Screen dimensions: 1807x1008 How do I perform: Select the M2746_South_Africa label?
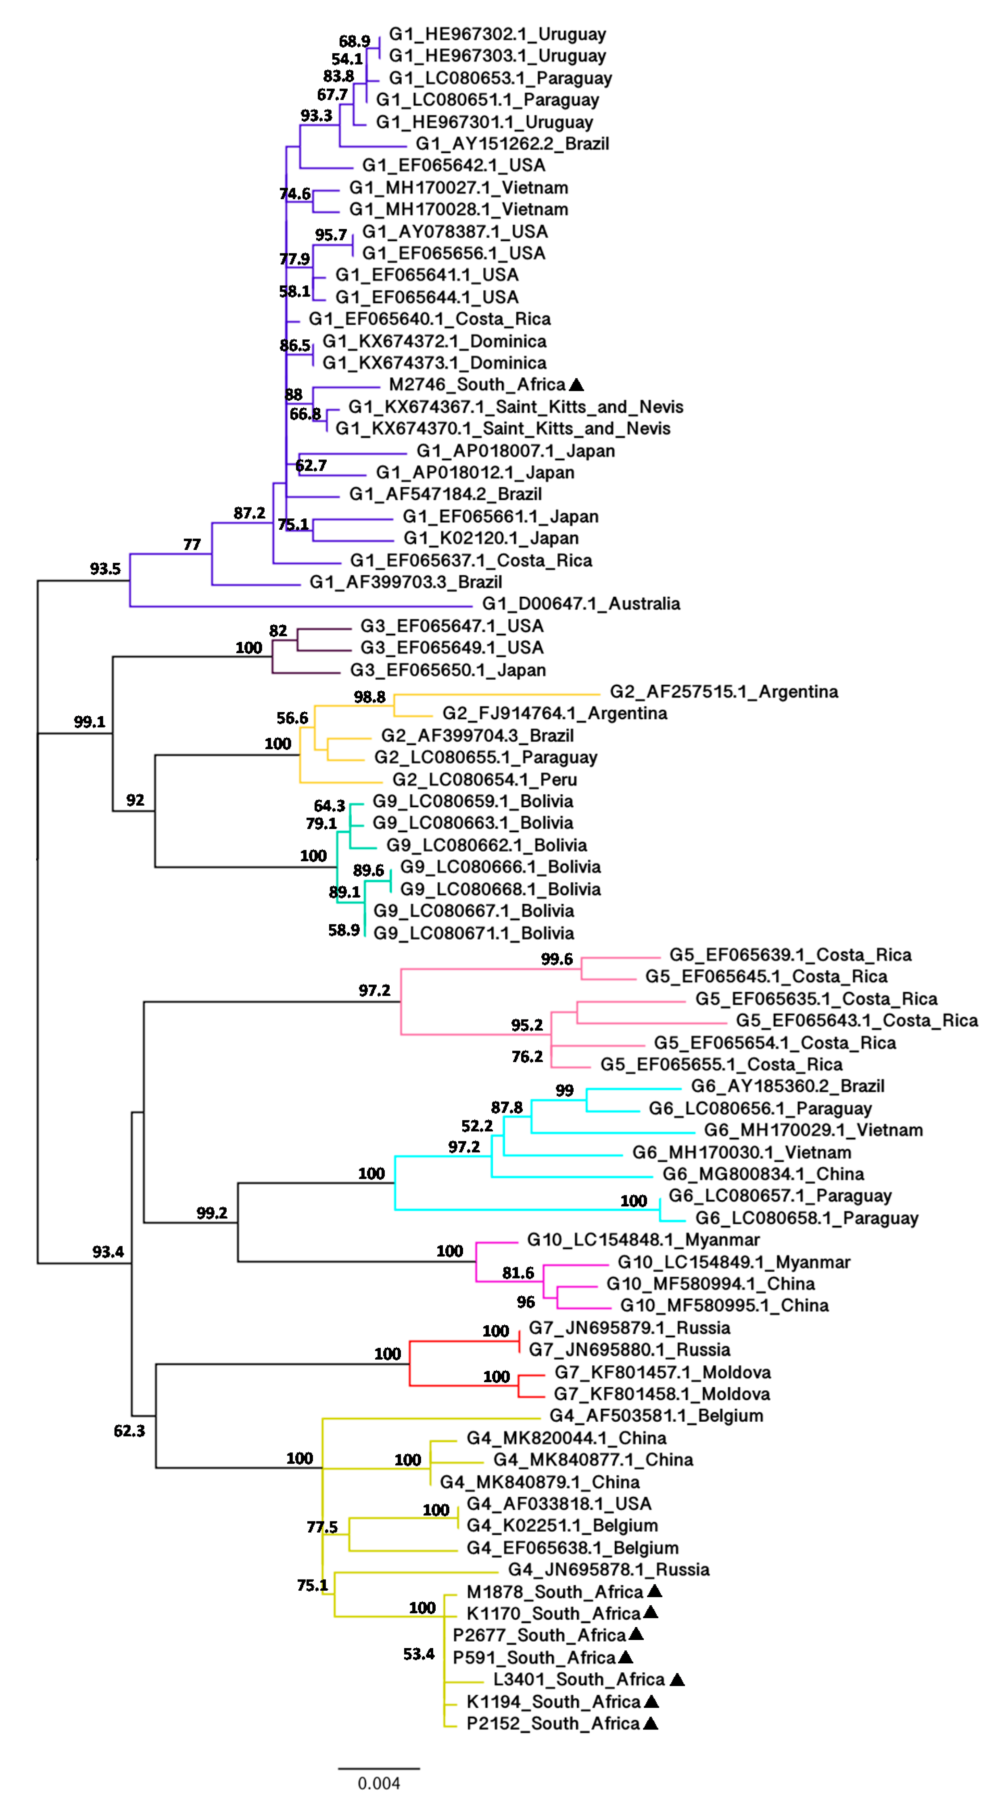(x=477, y=384)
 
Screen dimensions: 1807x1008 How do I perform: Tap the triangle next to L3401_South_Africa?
(x=677, y=1680)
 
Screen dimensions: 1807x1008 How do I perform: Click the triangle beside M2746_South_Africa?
(x=576, y=384)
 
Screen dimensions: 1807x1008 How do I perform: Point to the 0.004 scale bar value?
(x=379, y=1782)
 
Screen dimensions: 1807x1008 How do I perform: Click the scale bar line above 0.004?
(x=379, y=1768)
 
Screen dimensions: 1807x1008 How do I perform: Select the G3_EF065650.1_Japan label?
(x=448, y=670)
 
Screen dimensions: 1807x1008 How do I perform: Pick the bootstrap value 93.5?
(x=105, y=569)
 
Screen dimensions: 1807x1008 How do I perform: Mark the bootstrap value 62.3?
(x=129, y=1430)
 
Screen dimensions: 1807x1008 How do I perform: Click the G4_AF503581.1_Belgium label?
(x=656, y=1416)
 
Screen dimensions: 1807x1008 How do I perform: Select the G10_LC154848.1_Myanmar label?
(x=643, y=1239)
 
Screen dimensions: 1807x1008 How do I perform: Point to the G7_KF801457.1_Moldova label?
(x=662, y=1372)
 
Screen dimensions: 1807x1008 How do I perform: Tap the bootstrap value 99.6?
(x=557, y=959)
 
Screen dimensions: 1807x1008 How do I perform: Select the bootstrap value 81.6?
(x=518, y=1272)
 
